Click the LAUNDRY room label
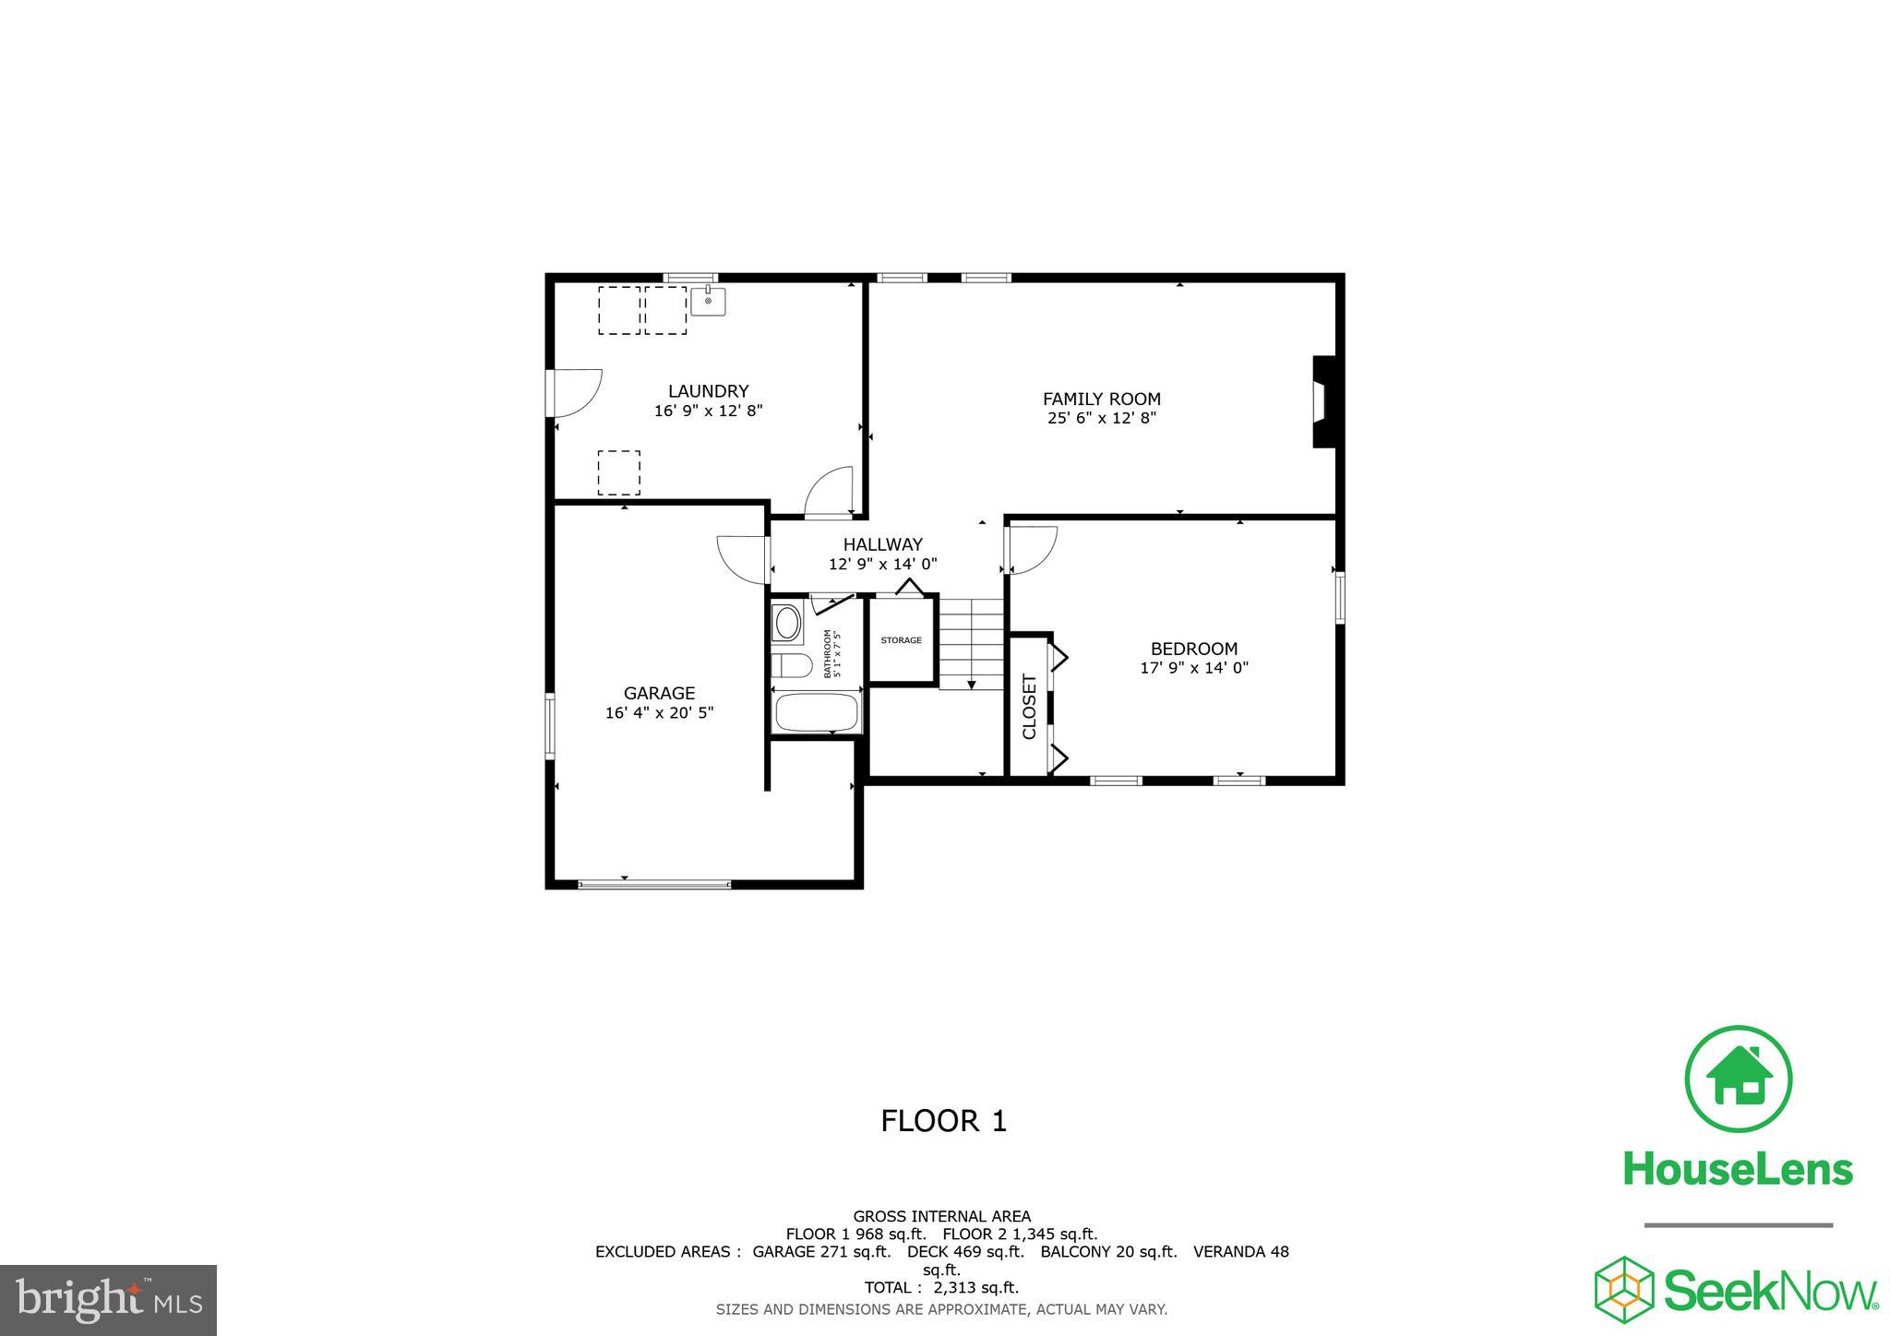708,391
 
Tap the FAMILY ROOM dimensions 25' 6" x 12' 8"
1101,418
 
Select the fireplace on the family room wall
1324,402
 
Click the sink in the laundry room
708,302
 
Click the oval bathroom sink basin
787,624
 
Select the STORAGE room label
901,640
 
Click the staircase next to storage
971,643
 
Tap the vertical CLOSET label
1030,706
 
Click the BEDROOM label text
1193,649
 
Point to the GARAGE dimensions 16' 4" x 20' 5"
659,712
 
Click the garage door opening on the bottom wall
654,884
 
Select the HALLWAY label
882,544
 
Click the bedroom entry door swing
1030,550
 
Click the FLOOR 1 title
943,1121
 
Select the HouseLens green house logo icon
1738,1079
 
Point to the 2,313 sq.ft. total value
975,1287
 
